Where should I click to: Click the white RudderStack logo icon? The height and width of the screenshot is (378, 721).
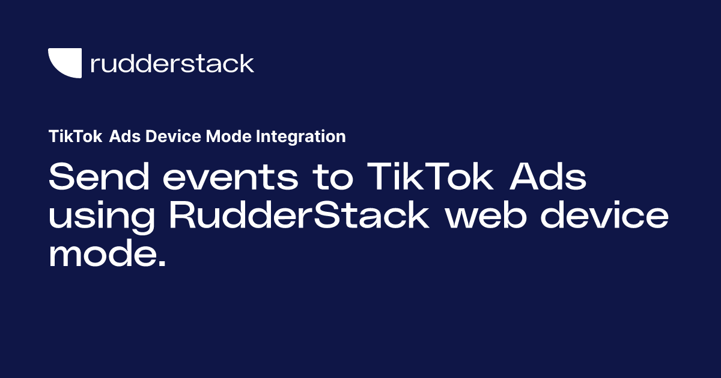(x=64, y=63)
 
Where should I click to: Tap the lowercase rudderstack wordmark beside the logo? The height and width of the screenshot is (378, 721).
(x=172, y=63)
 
